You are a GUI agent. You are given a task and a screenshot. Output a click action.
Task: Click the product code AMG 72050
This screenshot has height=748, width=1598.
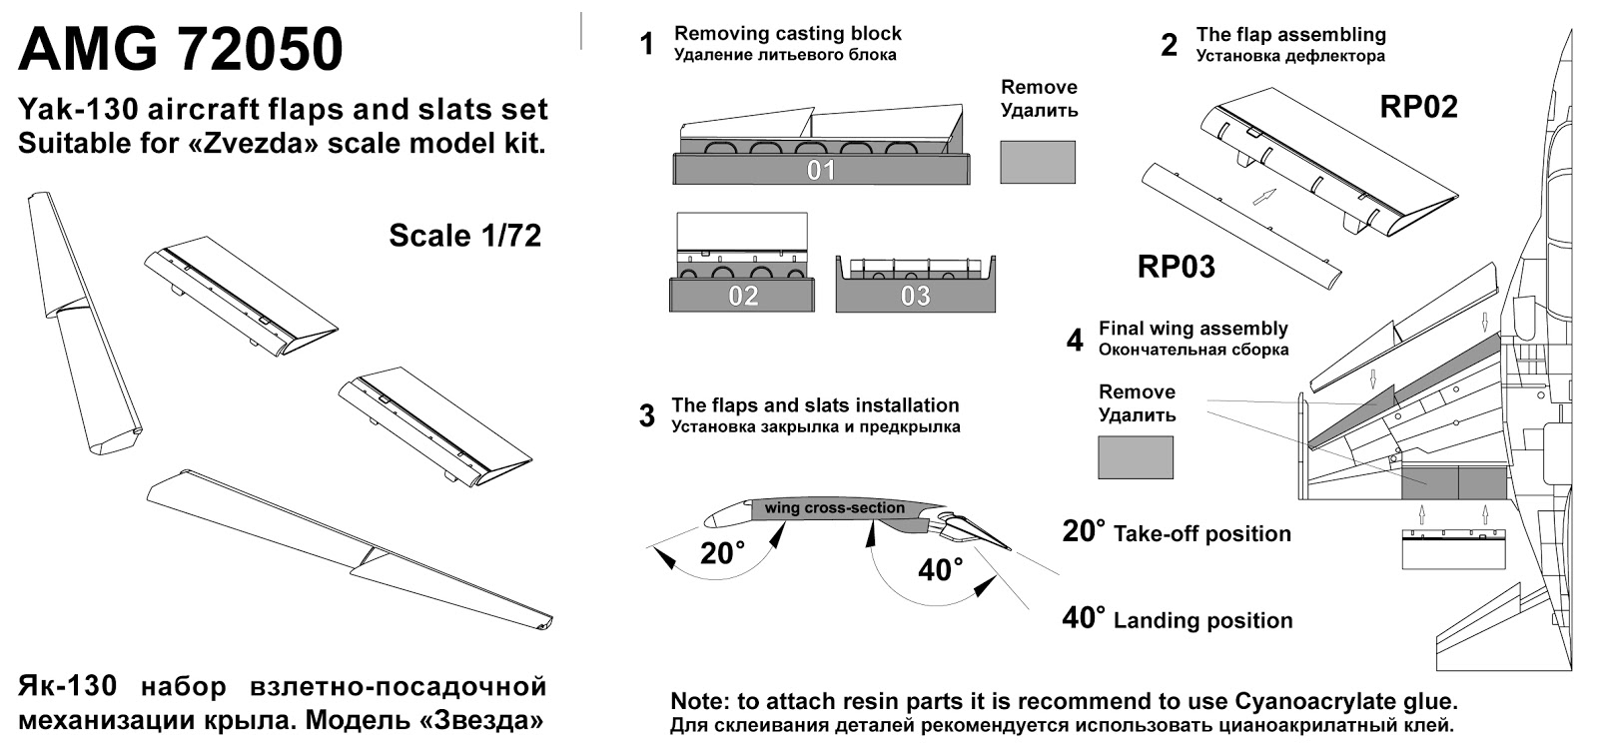[x=181, y=49]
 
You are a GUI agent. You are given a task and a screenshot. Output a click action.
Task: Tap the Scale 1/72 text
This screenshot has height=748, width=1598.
[x=465, y=236]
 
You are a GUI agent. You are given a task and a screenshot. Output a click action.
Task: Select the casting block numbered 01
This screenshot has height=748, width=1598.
[x=821, y=169]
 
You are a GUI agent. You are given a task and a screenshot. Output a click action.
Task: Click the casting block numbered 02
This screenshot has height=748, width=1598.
[x=742, y=295]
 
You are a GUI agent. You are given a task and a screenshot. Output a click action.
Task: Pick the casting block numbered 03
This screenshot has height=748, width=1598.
[x=915, y=295]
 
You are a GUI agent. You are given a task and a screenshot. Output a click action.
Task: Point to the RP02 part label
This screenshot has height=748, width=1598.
[x=1418, y=107]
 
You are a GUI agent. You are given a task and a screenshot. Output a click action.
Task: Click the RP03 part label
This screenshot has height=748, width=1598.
[x=1176, y=267]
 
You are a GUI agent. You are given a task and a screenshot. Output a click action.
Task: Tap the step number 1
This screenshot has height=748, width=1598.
[x=647, y=44]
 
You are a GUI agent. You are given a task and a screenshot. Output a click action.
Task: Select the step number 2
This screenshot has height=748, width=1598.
[x=1170, y=45]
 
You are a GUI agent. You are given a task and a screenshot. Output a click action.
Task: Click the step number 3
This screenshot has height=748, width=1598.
[x=647, y=415]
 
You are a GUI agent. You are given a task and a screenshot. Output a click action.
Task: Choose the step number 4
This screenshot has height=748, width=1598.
[x=1075, y=341]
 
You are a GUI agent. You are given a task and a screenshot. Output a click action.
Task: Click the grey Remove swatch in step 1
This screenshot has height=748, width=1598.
[x=1038, y=162]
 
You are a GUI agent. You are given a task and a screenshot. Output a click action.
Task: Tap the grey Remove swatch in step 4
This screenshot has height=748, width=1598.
[x=1135, y=457]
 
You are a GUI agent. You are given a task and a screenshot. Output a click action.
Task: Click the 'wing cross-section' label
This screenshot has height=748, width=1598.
[x=835, y=507]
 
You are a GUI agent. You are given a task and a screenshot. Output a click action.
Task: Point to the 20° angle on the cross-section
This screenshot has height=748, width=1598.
[x=722, y=553]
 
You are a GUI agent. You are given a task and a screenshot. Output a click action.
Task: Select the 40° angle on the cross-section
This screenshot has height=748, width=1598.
[x=940, y=569]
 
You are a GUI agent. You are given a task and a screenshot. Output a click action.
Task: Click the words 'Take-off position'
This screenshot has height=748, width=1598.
[x=1202, y=533]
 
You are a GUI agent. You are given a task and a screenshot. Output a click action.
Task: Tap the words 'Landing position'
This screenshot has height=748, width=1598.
[x=1202, y=620]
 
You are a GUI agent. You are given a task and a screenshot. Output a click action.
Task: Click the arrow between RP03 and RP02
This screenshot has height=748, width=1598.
[x=1264, y=197]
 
